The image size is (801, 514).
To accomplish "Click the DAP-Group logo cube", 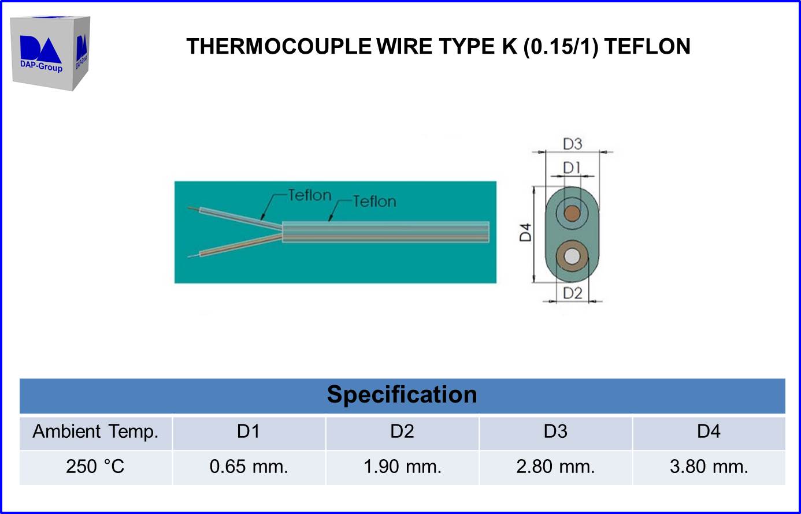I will tap(50, 53).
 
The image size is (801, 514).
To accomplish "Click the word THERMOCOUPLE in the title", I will tap(279, 46).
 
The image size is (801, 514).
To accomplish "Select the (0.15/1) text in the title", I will tap(560, 46).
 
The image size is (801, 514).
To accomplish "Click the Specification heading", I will tap(402, 395).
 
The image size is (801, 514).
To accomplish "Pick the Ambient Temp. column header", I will tap(95, 432).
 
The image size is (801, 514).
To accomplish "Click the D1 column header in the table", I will tap(249, 432).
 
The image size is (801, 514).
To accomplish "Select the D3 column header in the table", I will tap(555, 432).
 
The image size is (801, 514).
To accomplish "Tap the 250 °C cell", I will tap(95, 467).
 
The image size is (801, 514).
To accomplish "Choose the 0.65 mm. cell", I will tap(249, 467).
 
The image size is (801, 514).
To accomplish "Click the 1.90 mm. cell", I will tap(402, 467).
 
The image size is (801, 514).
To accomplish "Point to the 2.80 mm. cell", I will tap(555, 467).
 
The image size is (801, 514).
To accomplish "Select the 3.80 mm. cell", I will tap(709, 467).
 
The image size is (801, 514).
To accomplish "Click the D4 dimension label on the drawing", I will tap(525, 232).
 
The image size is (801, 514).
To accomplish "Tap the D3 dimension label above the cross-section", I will tap(572, 144).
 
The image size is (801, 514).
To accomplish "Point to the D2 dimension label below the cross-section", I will tap(572, 293).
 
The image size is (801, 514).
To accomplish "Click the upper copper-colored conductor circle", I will tap(572, 214).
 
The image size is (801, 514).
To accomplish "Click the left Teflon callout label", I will tap(310, 195).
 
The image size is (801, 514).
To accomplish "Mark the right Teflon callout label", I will tap(374, 202).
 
